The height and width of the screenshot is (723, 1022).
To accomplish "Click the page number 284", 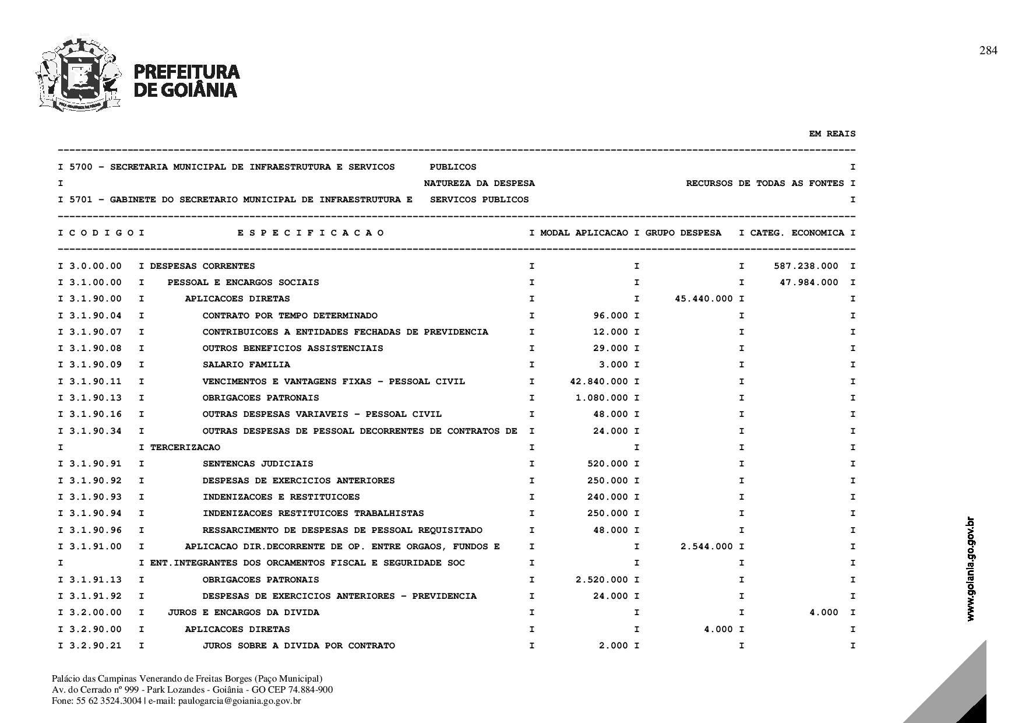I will tap(988, 51).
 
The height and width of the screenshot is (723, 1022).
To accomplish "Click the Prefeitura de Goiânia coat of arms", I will tap(79, 75).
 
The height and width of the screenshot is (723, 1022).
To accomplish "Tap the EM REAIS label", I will tap(832, 134).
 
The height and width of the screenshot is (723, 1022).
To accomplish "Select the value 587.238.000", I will tap(806, 266).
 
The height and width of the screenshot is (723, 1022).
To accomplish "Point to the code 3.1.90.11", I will tap(96, 381).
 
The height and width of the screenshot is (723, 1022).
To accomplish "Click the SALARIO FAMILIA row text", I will tap(246, 365).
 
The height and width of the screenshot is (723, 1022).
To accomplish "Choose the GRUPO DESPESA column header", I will tap(683, 233).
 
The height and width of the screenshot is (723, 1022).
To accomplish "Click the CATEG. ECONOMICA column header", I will tap(797, 233).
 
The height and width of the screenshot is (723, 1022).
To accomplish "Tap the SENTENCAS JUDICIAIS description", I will tap(258, 464).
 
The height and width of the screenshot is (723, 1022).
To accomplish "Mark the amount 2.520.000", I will tap(601, 580).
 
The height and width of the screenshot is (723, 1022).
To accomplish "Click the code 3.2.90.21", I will tap(96, 645).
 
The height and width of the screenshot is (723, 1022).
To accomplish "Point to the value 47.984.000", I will tap(809, 282).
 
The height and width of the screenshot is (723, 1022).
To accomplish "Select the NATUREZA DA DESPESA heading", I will tap(479, 184).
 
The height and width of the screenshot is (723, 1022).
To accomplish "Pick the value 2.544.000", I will tap(706, 546).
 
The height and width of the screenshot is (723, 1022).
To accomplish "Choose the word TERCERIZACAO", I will tap(185, 447).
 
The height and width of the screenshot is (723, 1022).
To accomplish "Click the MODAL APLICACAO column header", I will tap(584, 233).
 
